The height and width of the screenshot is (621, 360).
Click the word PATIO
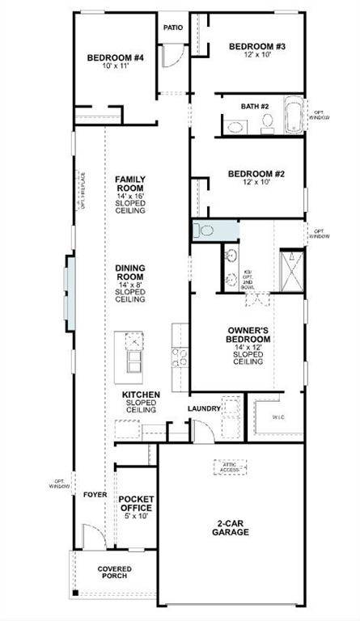click(173, 27)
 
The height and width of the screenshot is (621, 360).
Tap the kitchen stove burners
click(180, 357)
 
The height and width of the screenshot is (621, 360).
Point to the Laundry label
click(205, 409)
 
